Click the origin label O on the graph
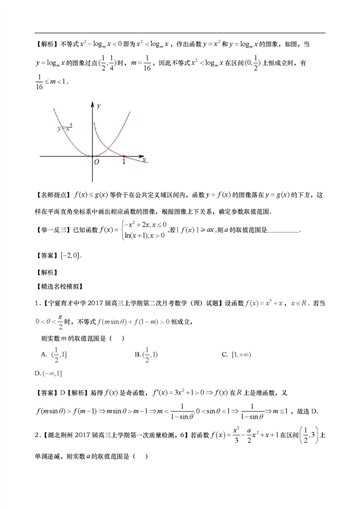click(96, 162)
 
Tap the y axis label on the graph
click(99, 106)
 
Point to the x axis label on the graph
click(144, 159)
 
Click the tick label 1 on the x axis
click(123, 162)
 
